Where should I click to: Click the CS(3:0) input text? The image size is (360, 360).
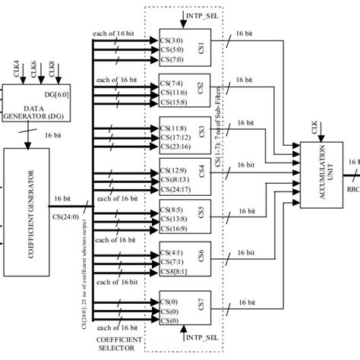tap(172, 38)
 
